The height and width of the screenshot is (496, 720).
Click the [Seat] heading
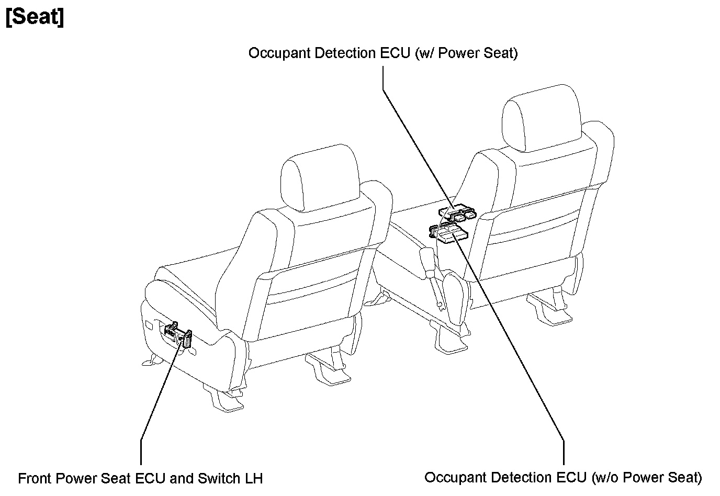35,17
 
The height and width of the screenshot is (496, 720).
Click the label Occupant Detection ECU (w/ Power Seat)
383,53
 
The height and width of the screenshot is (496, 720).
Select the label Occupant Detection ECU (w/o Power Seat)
563,477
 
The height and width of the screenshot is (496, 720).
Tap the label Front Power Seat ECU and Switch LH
140,478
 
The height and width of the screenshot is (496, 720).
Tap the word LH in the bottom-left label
253,478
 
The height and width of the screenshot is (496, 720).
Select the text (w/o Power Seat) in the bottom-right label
647,477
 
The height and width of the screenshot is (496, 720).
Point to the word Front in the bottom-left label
35,478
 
